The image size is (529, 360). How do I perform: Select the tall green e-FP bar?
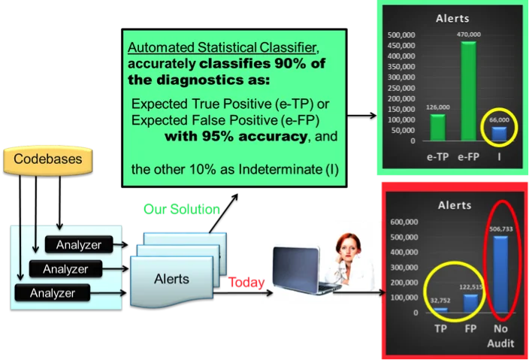[x=467, y=92]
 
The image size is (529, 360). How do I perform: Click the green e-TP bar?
[x=437, y=127]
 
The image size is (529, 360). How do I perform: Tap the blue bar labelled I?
[x=498, y=133]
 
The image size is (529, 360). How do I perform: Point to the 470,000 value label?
[x=467, y=35]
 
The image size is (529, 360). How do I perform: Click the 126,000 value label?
[x=437, y=107]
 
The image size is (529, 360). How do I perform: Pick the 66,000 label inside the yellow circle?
[x=499, y=119]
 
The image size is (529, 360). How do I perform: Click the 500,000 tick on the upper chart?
[x=399, y=35]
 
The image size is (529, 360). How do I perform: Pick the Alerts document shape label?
[x=171, y=279]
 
